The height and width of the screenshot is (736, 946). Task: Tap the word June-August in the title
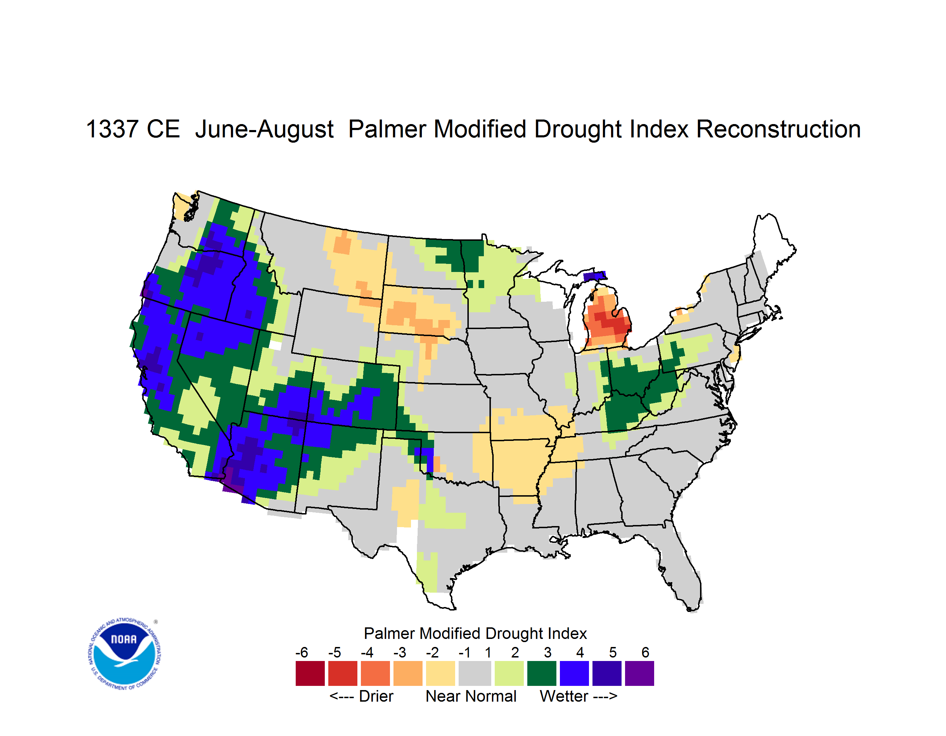point(264,130)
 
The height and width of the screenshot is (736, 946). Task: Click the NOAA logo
point(124,654)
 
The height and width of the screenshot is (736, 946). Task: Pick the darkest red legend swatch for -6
point(310,673)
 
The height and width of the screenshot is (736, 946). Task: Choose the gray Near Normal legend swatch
point(475,673)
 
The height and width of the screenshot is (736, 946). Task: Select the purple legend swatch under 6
point(639,673)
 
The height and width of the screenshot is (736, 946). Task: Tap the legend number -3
point(399,652)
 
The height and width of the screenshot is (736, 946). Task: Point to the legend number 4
point(580,652)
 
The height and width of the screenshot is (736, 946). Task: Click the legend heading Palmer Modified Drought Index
point(475,633)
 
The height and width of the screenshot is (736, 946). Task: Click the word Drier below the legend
point(376,696)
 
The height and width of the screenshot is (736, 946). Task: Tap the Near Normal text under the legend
point(471,696)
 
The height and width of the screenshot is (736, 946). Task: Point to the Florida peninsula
point(682,567)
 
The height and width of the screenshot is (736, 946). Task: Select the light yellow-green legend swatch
point(509,673)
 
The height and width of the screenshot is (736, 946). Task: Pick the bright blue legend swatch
point(574,673)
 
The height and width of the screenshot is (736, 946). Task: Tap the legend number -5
point(334,652)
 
